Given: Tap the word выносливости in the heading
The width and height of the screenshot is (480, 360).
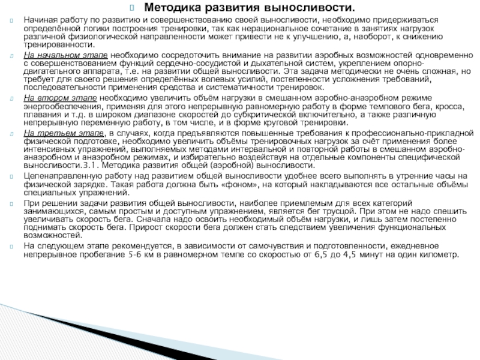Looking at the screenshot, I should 308,8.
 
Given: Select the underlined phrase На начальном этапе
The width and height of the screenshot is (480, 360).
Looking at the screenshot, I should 65,55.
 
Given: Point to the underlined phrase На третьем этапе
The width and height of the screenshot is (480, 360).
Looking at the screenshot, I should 62,131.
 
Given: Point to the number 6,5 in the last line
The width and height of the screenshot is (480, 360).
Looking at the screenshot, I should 322,254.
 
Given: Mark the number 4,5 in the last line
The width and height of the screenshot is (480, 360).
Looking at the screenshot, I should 349,254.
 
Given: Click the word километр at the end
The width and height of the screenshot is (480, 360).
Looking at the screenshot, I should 436,254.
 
